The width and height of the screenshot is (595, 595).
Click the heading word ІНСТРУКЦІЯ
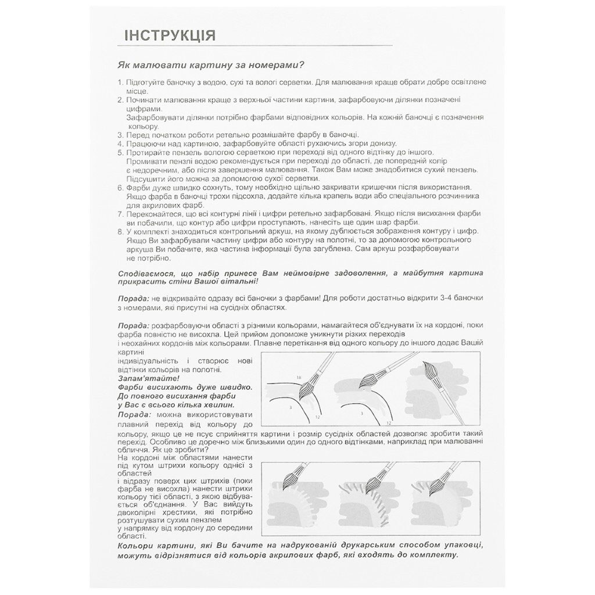click(170, 36)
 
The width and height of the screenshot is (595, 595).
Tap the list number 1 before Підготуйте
click(120, 83)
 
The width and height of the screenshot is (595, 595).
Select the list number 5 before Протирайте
click(120, 153)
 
